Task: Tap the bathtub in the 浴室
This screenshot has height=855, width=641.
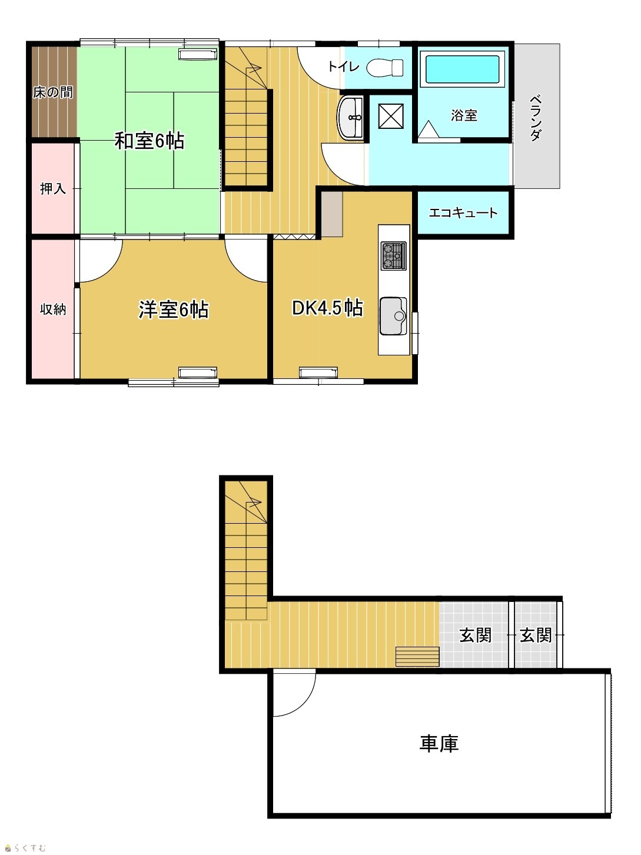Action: (462, 69)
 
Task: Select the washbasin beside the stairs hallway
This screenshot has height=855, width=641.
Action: (351, 117)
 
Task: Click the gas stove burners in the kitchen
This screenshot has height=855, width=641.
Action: (394, 256)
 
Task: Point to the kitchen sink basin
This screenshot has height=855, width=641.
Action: (393, 316)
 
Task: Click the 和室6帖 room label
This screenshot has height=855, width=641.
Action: (150, 141)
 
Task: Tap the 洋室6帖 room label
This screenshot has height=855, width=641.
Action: (174, 310)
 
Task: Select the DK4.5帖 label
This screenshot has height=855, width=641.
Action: (328, 308)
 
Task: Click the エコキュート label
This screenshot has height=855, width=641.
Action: (463, 212)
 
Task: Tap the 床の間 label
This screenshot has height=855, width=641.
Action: (52, 92)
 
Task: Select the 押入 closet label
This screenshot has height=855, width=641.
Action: (53, 189)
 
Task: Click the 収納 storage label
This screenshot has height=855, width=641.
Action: (53, 310)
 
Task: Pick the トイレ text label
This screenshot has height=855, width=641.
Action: (343, 66)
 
